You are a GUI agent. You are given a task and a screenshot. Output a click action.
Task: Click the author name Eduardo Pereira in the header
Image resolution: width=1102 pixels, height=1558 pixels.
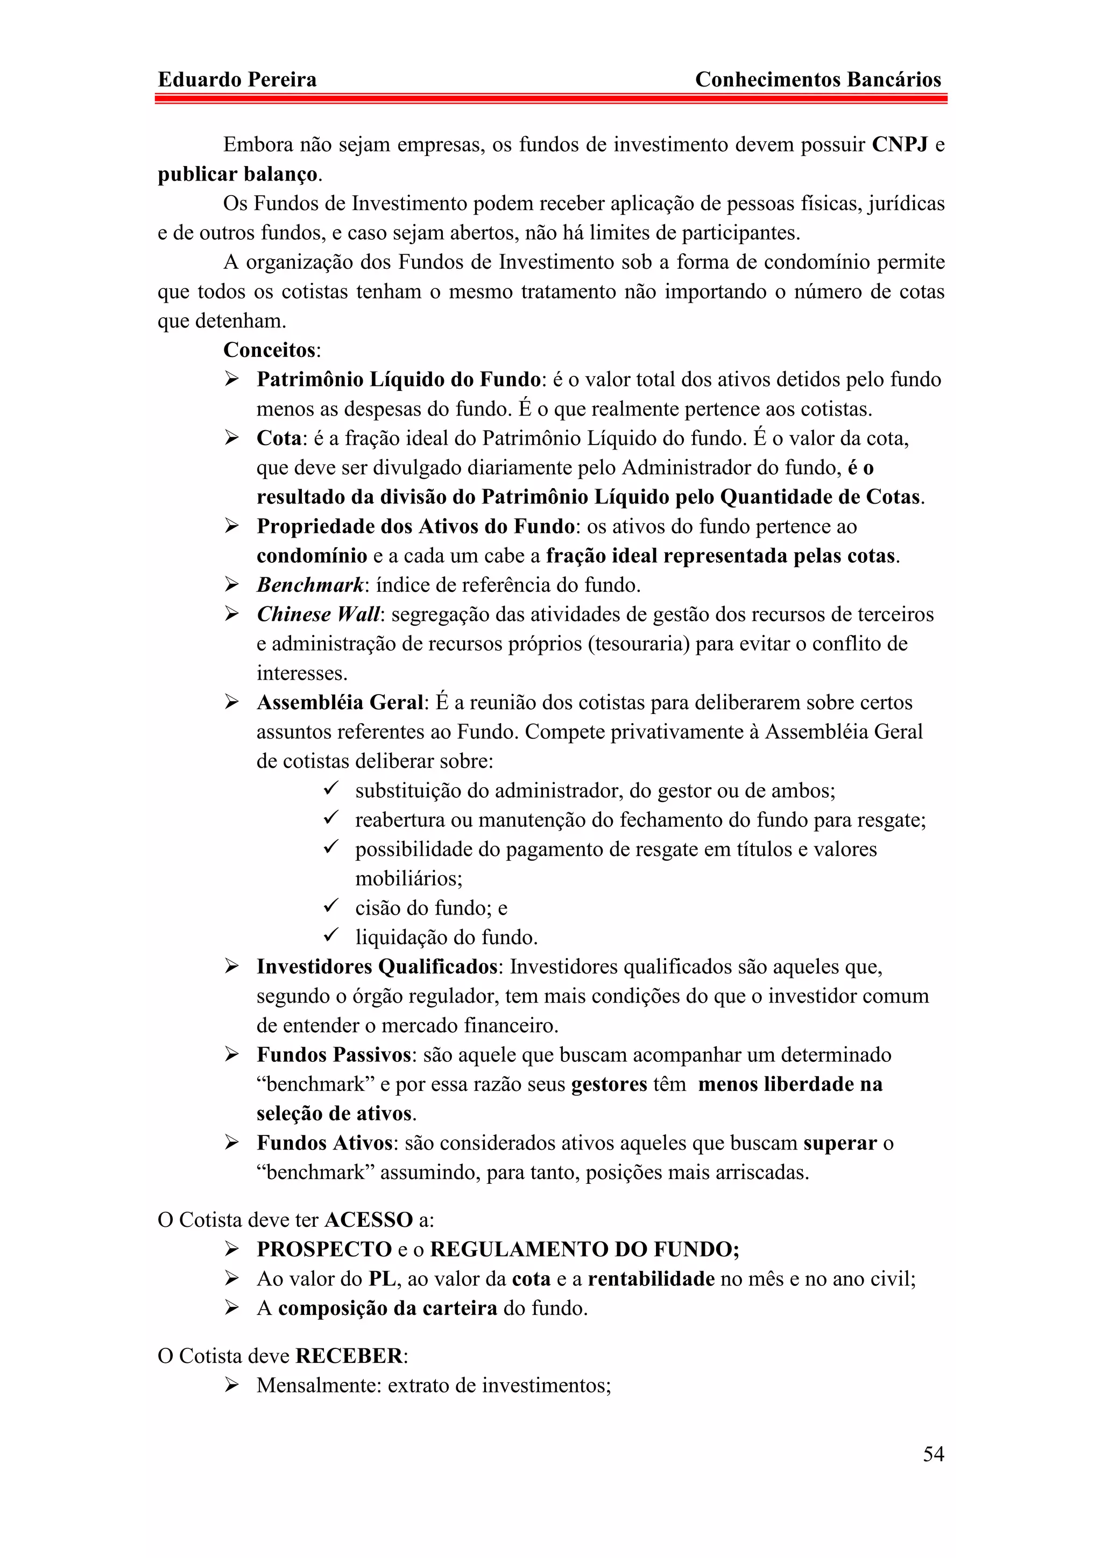[237, 80]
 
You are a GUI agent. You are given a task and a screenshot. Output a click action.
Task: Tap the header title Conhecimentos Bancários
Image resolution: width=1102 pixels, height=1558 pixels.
[817, 80]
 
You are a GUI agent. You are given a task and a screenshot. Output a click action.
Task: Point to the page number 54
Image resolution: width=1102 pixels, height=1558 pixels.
[933, 1454]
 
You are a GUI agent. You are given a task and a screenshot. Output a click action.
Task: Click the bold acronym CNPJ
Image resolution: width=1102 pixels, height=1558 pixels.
[899, 145]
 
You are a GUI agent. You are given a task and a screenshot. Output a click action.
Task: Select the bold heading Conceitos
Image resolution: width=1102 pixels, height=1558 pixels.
[270, 350]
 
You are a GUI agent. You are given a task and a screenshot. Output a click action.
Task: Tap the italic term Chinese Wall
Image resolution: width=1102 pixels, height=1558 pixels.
[319, 614]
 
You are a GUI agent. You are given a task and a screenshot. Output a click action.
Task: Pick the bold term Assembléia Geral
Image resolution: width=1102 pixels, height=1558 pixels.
[340, 702]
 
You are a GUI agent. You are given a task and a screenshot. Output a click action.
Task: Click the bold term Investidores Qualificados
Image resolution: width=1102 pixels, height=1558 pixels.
[377, 966]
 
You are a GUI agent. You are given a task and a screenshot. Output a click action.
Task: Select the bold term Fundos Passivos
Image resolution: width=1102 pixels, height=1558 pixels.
[334, 1054]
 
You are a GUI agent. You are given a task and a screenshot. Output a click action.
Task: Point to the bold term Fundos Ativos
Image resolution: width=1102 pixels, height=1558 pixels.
[324, 1143]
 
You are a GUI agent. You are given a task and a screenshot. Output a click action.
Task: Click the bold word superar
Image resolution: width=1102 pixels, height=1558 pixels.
[840, 1143]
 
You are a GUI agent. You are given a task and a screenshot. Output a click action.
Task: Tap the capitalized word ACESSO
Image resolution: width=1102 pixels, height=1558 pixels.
[369, 1220]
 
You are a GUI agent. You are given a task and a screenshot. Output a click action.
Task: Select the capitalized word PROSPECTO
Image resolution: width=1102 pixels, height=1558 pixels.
[324, 1249]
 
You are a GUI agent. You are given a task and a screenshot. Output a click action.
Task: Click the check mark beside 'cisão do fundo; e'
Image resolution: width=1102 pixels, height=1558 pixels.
[331, 906]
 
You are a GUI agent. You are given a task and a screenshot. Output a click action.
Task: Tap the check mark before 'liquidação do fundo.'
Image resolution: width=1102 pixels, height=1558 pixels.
[331, 935]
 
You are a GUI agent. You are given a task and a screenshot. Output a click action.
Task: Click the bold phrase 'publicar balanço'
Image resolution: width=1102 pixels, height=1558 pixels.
[238, 174]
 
